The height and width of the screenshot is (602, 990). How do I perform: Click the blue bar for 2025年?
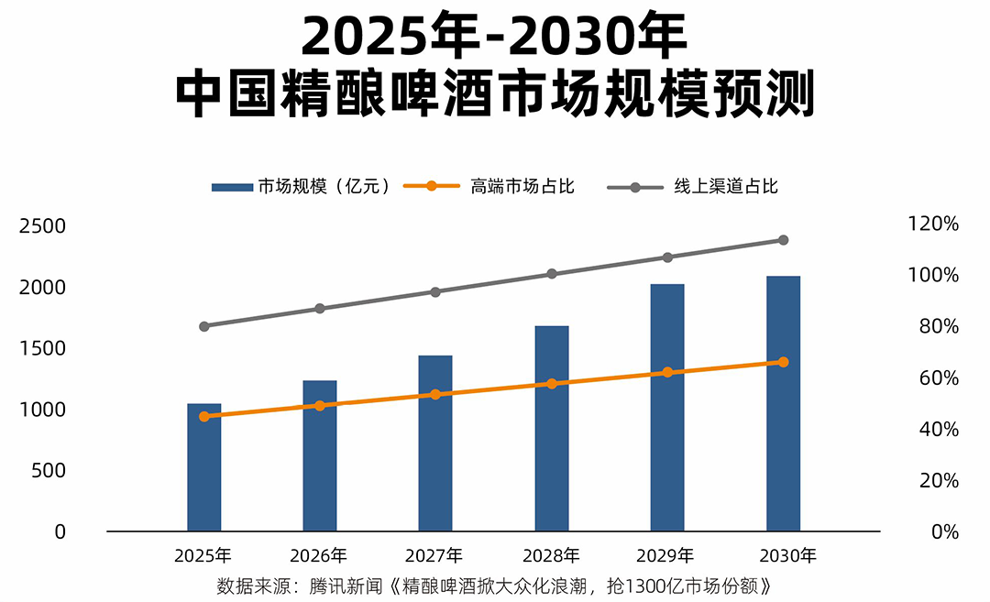[204, 467]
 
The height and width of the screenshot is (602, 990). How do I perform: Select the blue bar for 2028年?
[551, 429]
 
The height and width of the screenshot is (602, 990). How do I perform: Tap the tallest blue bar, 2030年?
[783, 403]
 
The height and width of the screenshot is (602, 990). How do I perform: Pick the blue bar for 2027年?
[435, 443]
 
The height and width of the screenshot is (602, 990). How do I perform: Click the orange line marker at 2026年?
[320, 405]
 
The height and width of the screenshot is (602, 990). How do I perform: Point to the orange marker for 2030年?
[783, 362]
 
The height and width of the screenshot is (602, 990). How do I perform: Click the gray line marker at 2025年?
[204, 326]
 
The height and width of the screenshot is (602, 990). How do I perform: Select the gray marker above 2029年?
[667, 257]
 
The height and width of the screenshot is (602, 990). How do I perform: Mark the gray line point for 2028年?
[551, 274]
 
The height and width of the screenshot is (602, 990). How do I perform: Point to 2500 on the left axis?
[42, 225]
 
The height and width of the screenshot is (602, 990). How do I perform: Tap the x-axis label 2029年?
[667, 555]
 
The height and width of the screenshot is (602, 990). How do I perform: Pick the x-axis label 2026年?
[319, 555]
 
